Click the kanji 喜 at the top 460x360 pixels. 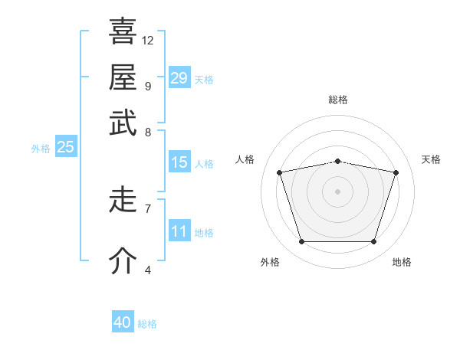click(123, 31)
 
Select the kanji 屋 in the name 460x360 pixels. click(123, 77)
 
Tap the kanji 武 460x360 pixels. click(123, 123)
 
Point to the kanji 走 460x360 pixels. click(123, 199)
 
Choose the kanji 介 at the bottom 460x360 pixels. click(123, 260)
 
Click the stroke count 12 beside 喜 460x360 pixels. click(147, 41)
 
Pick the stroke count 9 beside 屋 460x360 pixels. click(148, 87)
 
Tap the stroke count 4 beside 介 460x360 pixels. click(148, 270)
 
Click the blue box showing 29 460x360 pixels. click(179, 77)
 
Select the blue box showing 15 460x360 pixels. click(179, 162)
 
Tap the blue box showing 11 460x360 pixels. click(179, 230)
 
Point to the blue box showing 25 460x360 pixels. click(66, 146)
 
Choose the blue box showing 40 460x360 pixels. click(123, 321)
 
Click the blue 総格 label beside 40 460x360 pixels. click(147, 324)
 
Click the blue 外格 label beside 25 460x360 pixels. click(41, 149)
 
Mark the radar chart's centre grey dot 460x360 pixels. click(337, 191)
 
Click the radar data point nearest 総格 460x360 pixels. click(337, 162)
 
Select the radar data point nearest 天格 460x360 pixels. click(396, 172)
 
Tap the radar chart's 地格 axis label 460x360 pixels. click(402, 262)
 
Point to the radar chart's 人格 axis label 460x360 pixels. click(245, 159)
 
